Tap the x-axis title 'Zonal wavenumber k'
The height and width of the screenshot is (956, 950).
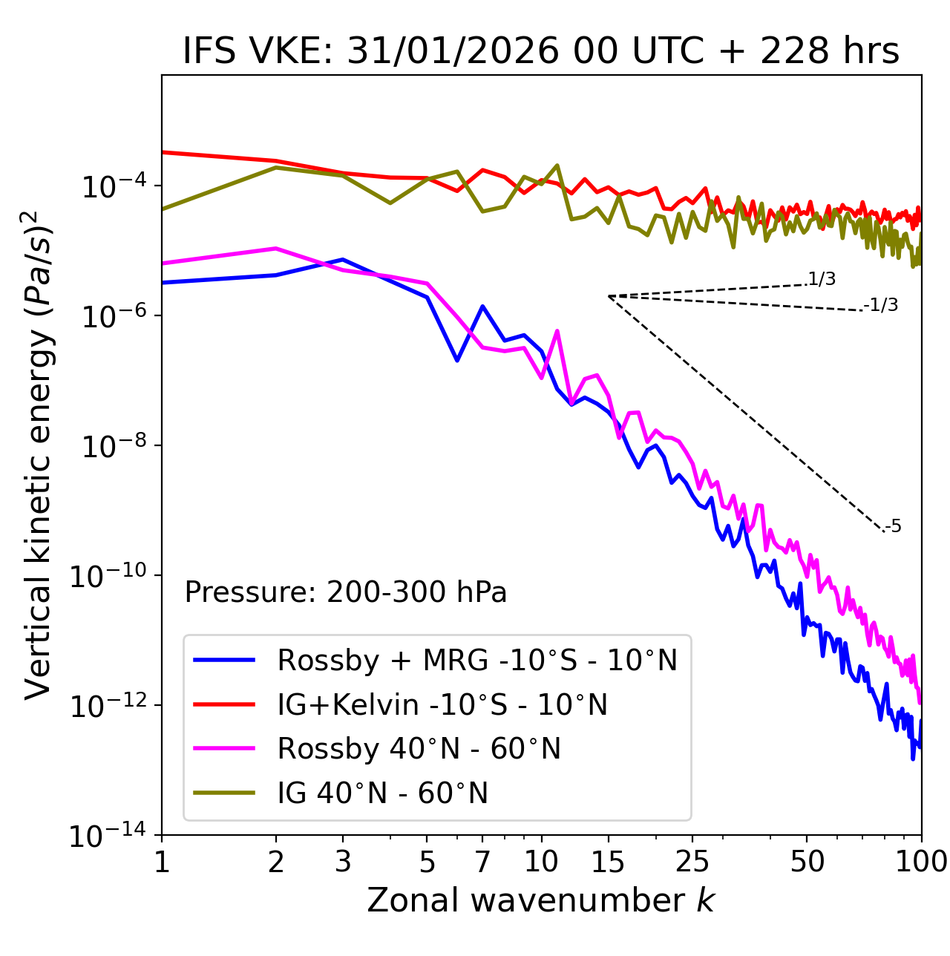click(541, 900)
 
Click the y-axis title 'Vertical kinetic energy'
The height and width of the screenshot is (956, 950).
click(38, 454)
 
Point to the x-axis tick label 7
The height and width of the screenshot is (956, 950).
click(482, 862)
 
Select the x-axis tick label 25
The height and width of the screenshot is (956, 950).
click(692, 862)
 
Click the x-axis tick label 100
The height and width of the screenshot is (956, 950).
click(921, 862)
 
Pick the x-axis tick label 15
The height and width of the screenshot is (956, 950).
click(608, 862)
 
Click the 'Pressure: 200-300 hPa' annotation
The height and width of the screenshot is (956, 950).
click(346, 592)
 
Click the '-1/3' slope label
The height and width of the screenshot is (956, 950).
click(882, 305)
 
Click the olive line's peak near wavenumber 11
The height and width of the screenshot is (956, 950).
click(557, 166)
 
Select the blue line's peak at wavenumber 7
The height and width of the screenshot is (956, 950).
click(482, 306)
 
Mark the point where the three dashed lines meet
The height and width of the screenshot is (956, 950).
click(609, 296)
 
